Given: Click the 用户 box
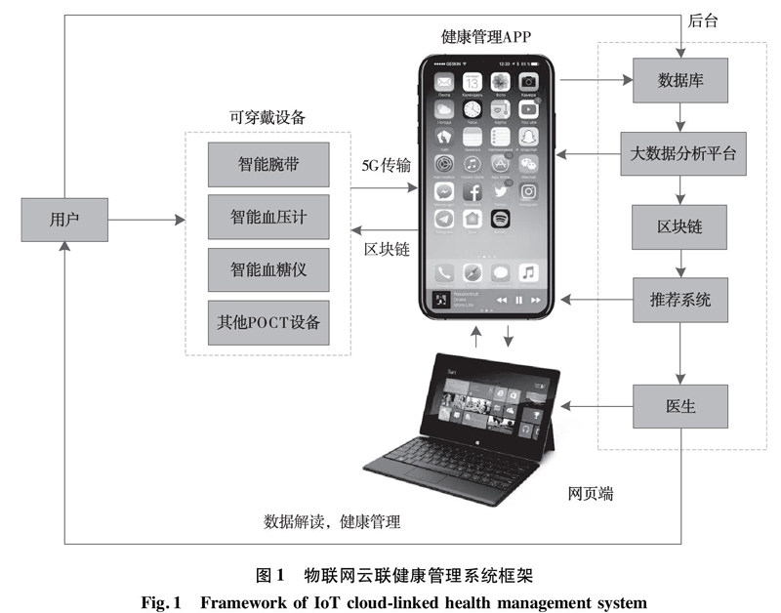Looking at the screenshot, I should (x=64, y=221).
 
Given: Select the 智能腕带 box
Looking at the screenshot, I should (x=267, y=164).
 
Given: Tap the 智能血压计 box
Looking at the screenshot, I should (x=267, y=217).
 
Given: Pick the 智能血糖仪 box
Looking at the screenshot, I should (x=267, y=268).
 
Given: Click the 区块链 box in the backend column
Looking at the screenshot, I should (x=680, y=227).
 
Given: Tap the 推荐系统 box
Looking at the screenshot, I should (x=680, y=300).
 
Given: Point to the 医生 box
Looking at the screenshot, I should (x=680, y=406).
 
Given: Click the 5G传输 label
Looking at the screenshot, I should (x=386, y=165).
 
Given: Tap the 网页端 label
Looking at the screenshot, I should (x=591, y=494).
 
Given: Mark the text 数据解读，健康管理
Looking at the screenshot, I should (x=332, y=521).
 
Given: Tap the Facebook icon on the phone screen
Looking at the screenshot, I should (x=473, y=191).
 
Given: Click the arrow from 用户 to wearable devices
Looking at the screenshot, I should (x=146, y=222).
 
